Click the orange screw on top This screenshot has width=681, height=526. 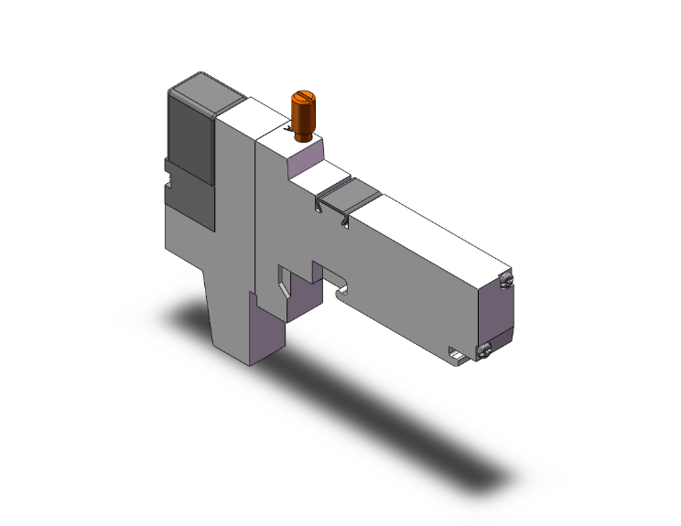[x=302, y=115]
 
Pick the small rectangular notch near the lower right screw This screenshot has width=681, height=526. [x=457, y=351]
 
